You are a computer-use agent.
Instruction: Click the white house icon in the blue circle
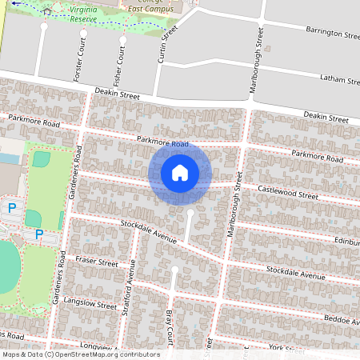point(180,173)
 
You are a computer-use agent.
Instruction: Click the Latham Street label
point(339,79)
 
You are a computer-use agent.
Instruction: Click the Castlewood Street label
point(288,193)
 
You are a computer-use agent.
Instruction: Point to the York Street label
point(284,348)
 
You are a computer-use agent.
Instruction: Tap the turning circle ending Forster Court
point(44,26)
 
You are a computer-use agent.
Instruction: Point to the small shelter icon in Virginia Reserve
point(48,11)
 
